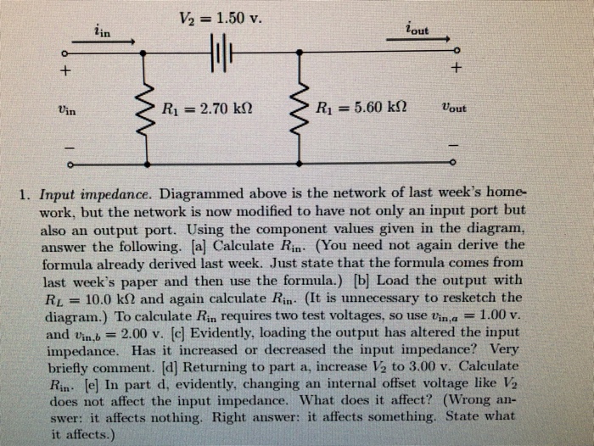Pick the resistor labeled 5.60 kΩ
pyautogui.click(x=302, y=108)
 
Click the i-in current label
pyautogui.click(x=100, y=31)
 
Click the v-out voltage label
pyautogui.click(x=455, y=109)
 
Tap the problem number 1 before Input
pyautogui.click(x=26, y=193)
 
